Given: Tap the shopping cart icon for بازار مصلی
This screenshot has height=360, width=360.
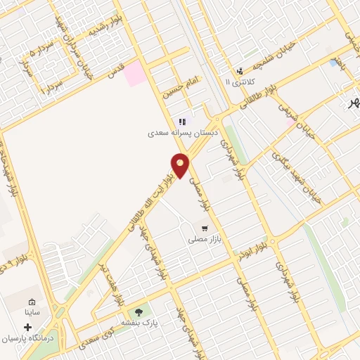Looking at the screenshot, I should coord(204,229).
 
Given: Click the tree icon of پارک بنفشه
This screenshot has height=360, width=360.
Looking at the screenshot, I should coord(138,311).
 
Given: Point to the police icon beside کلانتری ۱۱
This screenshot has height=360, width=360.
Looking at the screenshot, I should coord(240,71).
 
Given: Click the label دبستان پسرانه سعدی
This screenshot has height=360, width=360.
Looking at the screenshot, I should coord(183,131).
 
